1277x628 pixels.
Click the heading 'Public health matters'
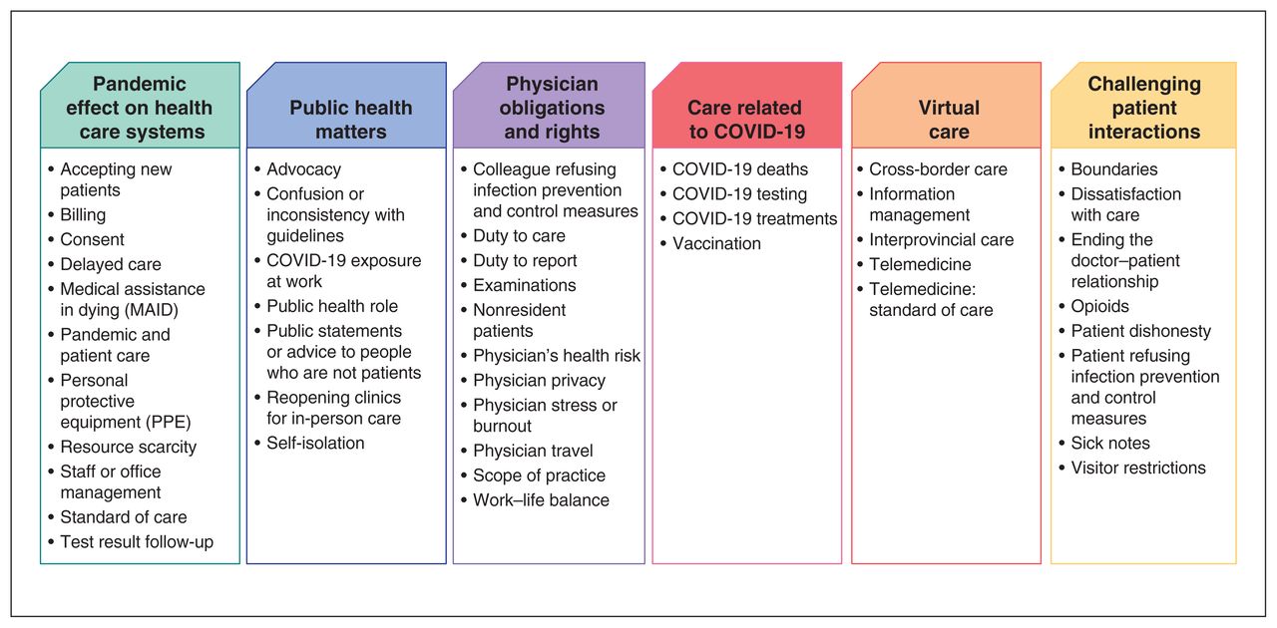[350, 119]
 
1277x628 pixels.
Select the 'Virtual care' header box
[947, 106]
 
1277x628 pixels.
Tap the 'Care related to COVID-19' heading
[747, 119]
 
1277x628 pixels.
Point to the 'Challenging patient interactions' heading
[1144, 107]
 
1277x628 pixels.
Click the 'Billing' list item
[83, 215]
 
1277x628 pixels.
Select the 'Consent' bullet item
[92, 239]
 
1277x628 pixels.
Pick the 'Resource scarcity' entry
[129, 447]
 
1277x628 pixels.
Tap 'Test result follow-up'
[137, 542]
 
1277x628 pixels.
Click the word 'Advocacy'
[304, 169]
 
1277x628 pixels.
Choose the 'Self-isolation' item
[315, 443]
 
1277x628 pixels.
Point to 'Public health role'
[332, 306]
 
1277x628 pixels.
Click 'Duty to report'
[525, 260]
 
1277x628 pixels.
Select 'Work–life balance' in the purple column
[541, 499]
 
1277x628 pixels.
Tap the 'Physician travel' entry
[533, 451]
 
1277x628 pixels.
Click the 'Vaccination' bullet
[716, 243]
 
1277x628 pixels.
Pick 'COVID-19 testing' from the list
[739, 193]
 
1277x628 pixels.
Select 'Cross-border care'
[938, 169]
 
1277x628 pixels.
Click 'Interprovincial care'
[941, 240]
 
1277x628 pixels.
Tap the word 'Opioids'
[1099, 307]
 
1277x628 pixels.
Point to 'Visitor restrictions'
[1138, 468]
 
